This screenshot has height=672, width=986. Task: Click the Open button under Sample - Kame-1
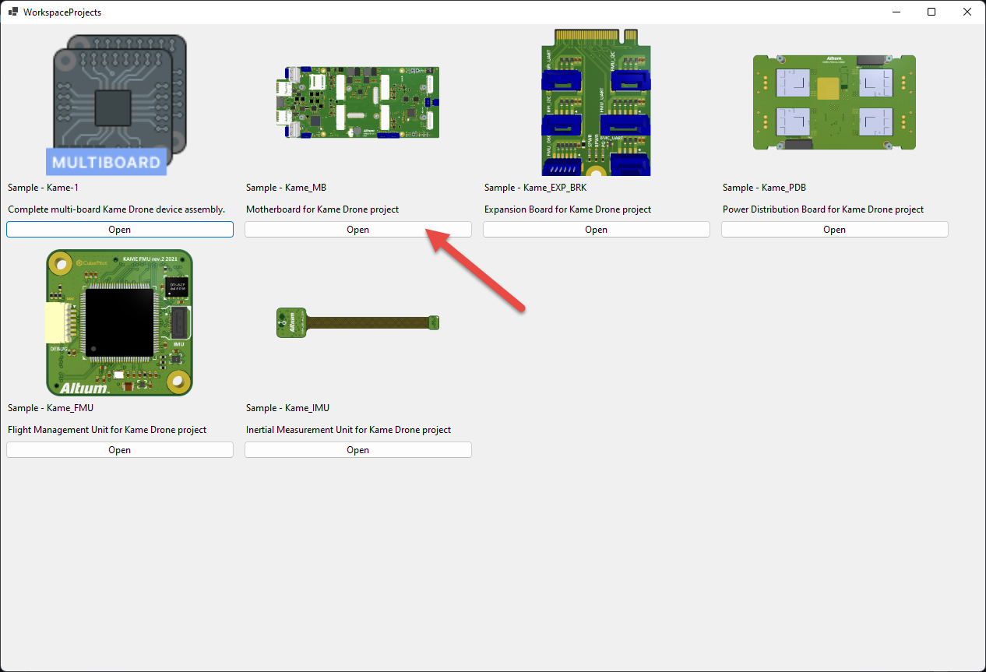pos(120,230)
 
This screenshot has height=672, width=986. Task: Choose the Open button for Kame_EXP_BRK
pos(596,230)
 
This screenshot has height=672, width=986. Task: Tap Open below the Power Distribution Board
pos(834,230)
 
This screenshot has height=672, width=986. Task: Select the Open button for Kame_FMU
pos(120,450)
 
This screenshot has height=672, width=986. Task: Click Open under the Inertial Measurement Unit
pos(357,450)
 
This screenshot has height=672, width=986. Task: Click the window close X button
pos(967,12)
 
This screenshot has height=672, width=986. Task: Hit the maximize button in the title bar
pos(931,12)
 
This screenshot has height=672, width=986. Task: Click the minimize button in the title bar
pos(896,12)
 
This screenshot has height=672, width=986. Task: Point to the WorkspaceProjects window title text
pos(62,12)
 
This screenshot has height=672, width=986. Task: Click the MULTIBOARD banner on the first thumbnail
pos(106,162)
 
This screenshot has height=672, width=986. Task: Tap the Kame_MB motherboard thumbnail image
pos(357,102)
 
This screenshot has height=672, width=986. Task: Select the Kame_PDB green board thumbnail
pos(834,102)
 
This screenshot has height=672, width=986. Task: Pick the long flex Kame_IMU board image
pos(358,322)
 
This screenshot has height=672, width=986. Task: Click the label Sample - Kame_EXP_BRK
pos(535,188)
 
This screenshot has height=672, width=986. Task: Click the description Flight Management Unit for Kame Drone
pos(107,430)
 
